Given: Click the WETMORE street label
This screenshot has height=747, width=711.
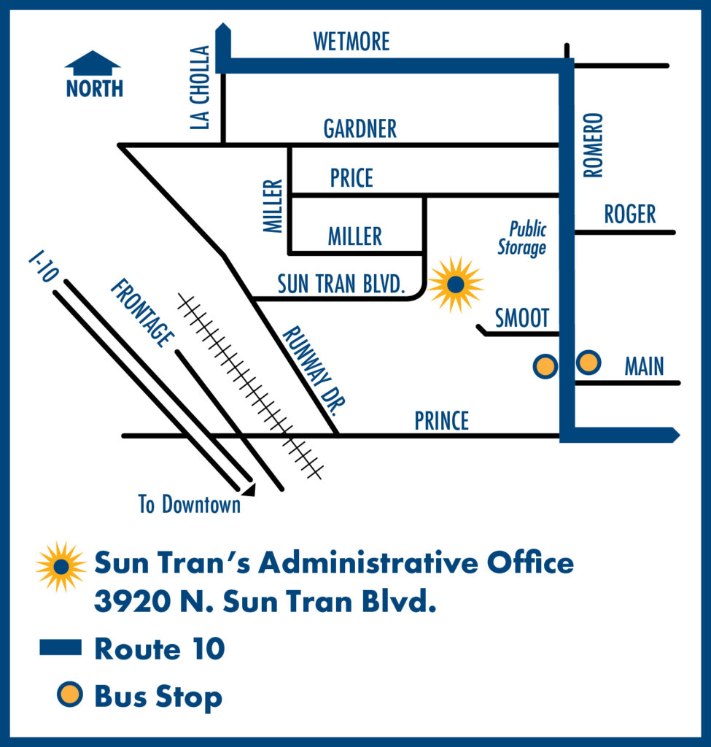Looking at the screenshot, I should [351, 42].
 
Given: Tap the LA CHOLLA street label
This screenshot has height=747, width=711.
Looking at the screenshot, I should [200, 88].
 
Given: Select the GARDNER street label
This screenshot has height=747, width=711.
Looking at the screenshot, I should [360, 129].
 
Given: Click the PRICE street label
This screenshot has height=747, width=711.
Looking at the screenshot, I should [351, 178].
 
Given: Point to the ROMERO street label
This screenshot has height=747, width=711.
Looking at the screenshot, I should [594, 144].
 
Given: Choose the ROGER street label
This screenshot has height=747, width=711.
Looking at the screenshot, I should [630, 214].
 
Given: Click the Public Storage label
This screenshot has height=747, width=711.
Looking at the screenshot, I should [523, 239].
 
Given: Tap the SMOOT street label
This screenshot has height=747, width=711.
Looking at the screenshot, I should [521, 318].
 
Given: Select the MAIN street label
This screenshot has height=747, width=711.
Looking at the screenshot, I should [644, 366].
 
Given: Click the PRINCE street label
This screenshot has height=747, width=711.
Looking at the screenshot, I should [442, 421].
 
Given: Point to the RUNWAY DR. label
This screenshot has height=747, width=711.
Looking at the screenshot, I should [312, 370].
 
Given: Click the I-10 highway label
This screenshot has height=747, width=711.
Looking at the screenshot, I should [42, 267].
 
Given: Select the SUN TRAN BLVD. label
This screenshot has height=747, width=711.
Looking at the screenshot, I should [341, 285].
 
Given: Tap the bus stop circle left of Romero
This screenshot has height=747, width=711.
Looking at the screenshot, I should [545, 366].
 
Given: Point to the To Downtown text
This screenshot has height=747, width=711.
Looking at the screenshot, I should [190, 504].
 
